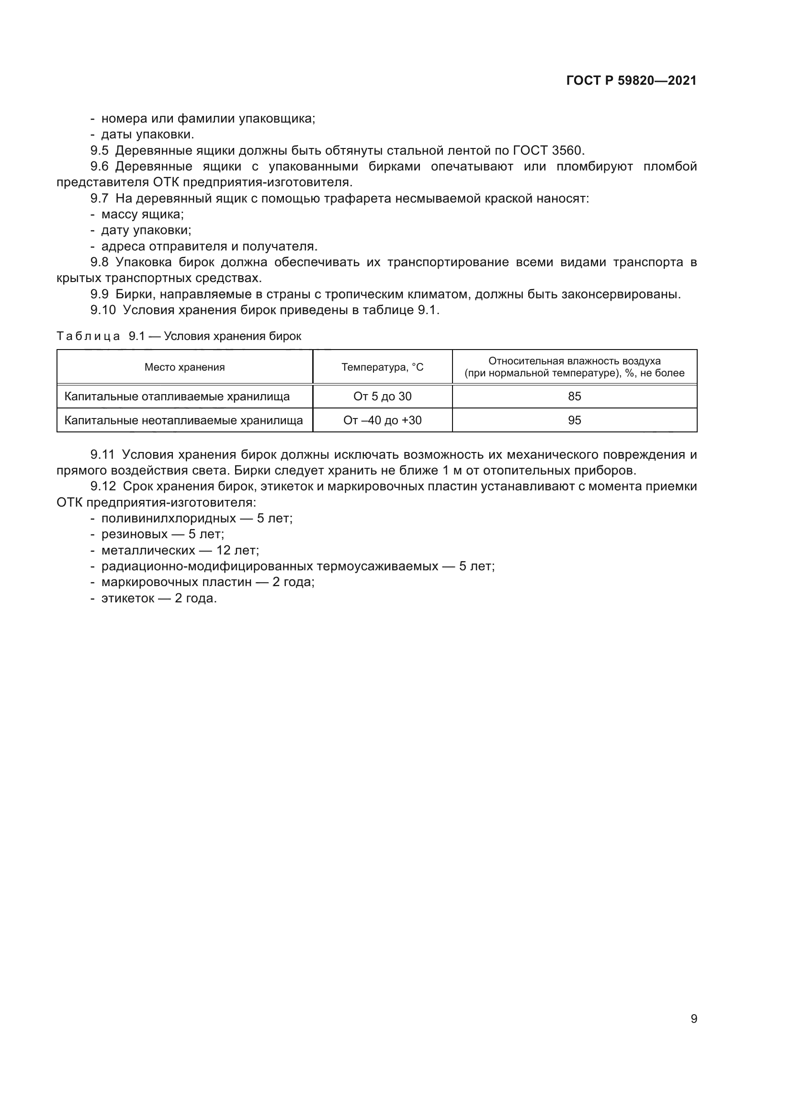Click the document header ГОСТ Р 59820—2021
pos(631,80)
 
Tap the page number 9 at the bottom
pos(693,1018)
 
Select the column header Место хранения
pos(184,367)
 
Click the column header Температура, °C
pos(382,367)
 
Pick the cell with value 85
pos(575,396)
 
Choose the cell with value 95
pos(575,420)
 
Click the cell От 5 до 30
pos(382,396)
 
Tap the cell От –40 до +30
pos(382,420)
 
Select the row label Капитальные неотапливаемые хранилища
pos(183,420)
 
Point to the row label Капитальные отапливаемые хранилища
pos(177,396)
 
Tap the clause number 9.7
pos(99,199)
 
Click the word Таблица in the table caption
pos(88,336)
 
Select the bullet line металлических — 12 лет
pos(180,550)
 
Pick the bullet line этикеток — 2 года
pos(158,598)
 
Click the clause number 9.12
pos(103,486)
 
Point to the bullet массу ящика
pos(142,214)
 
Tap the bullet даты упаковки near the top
pos(147,134)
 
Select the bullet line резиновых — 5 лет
pos(162,534)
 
